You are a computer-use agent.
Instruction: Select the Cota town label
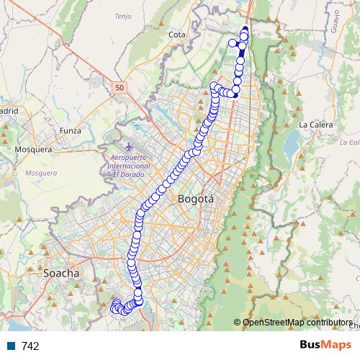pyautogui.click(x=176, y=35)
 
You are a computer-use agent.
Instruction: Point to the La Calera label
pyautogui.click(x=315, y=125)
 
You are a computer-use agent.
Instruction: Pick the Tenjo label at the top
pyautogui.click(x=123, y=15)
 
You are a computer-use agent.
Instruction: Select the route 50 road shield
pyautogui.click(x=120, y=87)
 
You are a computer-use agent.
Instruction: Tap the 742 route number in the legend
pyautogui.click(x=30, y=346)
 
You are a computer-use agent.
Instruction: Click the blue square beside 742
pyautogui.click(x=12, y=346)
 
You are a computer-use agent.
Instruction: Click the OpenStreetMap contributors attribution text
pyautogui.click(x=297, y=323)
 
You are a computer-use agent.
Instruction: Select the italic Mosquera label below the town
pyautogui.click(x=40, y=173)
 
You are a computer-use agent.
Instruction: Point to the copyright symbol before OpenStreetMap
pyautogui.click(x=237, y=323)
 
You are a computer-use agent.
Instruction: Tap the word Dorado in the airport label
pyautogui.click(x=134, y=174)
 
